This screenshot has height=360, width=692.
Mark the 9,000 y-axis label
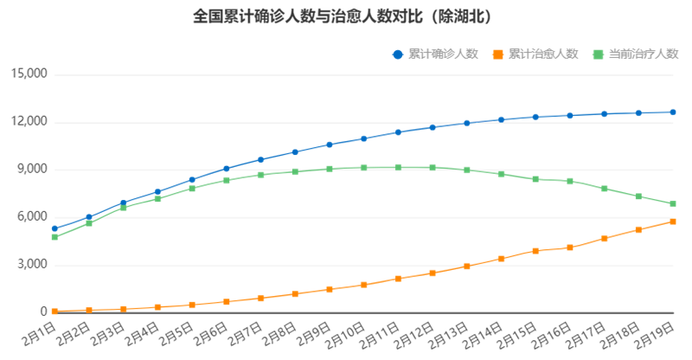(30, 170)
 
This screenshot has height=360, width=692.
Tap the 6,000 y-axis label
(30, 217)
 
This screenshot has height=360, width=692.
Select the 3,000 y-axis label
(30, 265)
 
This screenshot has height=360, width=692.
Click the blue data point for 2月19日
(673, 112)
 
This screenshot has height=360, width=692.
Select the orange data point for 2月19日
(673, 222)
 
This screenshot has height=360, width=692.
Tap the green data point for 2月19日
(673, 203)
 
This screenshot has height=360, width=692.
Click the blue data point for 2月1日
(54, 228)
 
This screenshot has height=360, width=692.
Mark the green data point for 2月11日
(398, 167)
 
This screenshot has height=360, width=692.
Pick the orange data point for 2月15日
(535, 251)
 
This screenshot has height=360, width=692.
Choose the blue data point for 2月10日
(363, 138)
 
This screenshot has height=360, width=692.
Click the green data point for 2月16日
(570, 181)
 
